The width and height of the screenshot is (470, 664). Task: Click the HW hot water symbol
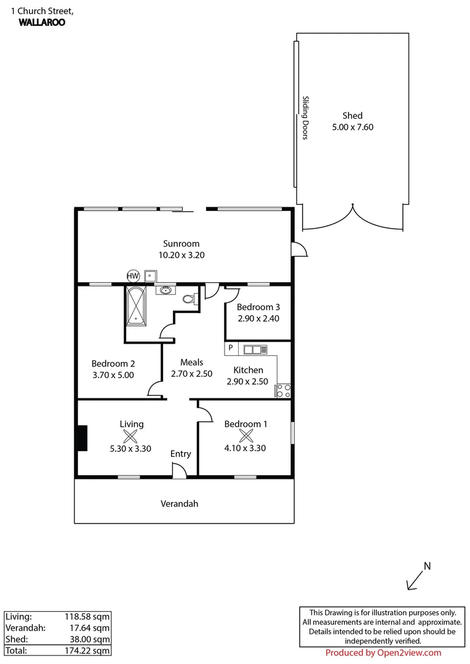pyautogui.click(x=132, y=275)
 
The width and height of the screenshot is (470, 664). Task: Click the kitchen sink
pyautogui.click(x=255, y=350)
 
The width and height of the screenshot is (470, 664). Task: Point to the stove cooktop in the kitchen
pyautogui.click(x=284, y=390)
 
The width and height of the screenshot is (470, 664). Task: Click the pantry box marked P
pyautogui.click(x=231, y=349)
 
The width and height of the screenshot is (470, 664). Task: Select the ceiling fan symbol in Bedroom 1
pyautogui.click(x=245, y=437)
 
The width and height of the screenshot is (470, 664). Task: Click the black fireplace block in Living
pyautogui.click(x=82, y=438)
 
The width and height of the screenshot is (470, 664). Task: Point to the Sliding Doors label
pyautogui.click(x=305, y=117)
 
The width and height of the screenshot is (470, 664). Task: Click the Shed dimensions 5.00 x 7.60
pyautogui.click(x=352, y=128)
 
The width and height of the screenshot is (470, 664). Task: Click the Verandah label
pyautogui.click(x=180, y=504)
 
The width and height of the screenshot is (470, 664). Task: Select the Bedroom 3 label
pyautogui.click(x=258, y=307)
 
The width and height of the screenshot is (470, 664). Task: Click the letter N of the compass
pyautogui.click(x=428, y=566)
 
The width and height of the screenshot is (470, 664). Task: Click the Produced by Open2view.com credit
pyautogui.click(x=383, y=653)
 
